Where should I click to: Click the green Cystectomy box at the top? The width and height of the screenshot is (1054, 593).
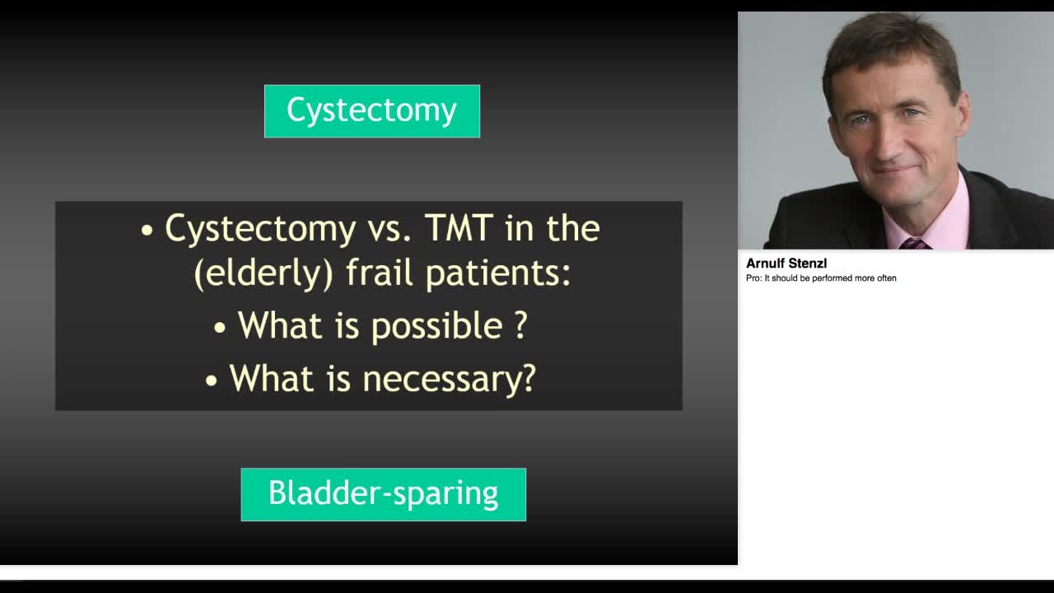[372, 111]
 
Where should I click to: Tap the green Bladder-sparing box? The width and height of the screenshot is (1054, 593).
[384, 495]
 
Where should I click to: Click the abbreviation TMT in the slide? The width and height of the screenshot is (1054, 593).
[459, 228]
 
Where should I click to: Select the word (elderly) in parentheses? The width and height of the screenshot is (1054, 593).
[263, 273]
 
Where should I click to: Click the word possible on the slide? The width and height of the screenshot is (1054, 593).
[437, 325]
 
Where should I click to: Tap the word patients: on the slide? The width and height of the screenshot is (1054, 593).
[498, 273]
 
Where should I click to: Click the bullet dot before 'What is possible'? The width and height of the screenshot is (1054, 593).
[220, 328]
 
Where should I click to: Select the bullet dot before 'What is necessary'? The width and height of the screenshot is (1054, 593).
[212, 381]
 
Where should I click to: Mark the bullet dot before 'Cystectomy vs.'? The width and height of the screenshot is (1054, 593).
[147, 231]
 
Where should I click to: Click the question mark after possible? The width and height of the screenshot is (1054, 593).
[520, 324]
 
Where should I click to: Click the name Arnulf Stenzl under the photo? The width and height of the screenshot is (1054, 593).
[786, 264]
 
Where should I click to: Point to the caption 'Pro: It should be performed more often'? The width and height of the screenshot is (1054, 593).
[821, 278]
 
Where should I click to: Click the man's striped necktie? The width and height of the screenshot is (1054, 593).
[914, 244]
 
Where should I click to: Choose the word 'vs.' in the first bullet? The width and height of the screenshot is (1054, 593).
[389, 229]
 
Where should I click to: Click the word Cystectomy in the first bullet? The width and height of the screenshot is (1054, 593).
[260, 229]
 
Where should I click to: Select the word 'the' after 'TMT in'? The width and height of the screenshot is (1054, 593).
[573, 228]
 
